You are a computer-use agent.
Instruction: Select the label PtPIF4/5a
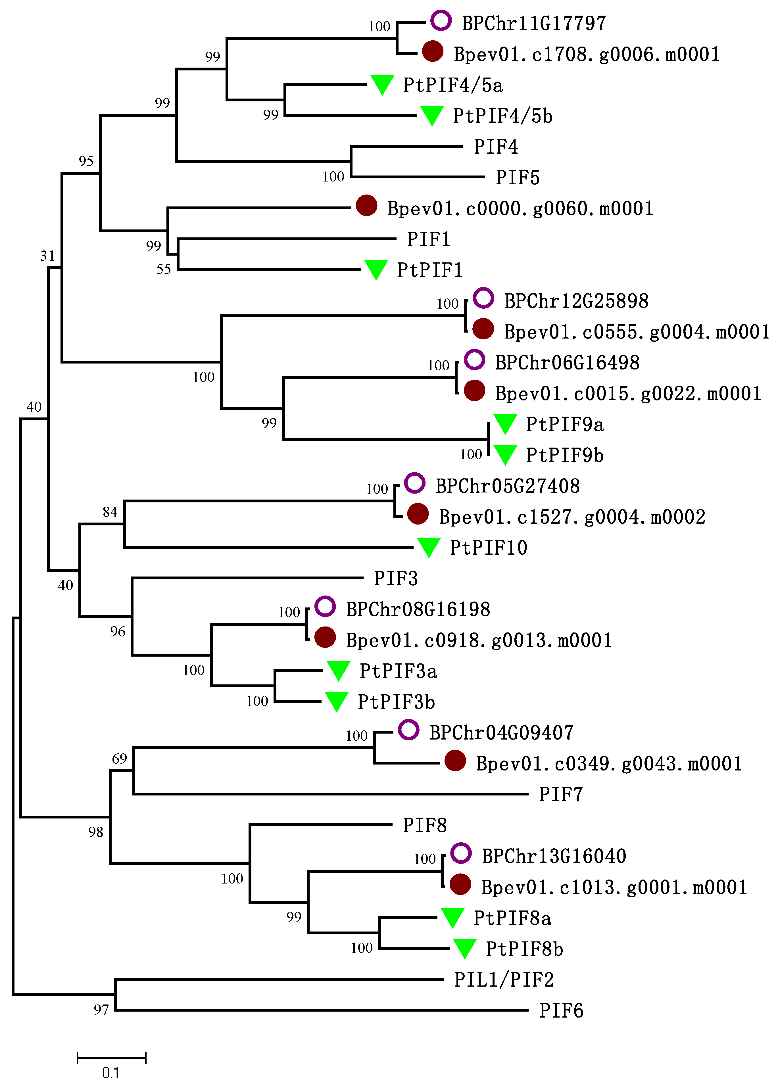(453, 85)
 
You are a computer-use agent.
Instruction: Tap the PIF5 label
(518, 178)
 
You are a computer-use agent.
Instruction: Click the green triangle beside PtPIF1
(376, 269)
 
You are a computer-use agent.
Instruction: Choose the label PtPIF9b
(565, 455)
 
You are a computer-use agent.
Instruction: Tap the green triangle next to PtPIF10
(429, 547)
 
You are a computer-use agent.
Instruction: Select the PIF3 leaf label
(396, 578)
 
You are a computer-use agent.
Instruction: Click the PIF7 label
(560, 794)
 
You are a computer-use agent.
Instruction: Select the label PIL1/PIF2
(504, 980)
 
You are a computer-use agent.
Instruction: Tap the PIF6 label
(561, 1011)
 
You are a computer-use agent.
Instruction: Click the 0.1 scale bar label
(111, 1073)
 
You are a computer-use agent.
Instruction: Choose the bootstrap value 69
(119, 759)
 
